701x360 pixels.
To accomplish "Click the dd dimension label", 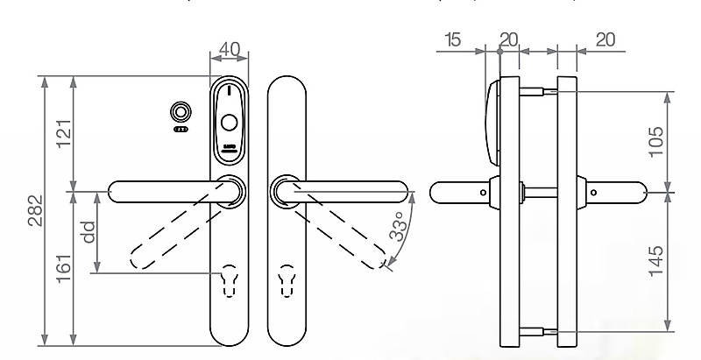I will click(87, 231).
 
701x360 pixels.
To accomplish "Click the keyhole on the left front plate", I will click(231, 279).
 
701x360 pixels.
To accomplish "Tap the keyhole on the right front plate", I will click(287, 279).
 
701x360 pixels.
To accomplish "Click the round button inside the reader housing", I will click(229, 123).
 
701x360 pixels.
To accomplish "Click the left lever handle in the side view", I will click(459, 191).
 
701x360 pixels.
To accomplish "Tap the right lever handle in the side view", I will click(619, 191).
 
